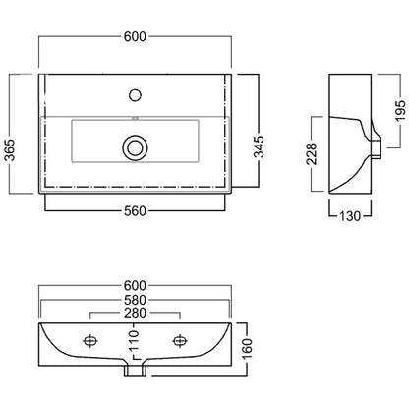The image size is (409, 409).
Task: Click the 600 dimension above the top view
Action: pyautogui.click(x=135, y=36)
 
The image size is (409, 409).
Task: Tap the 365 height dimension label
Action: pyautogui.click(x=11, y=150)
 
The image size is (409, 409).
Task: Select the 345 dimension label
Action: pyautogui.click(x=259, y=146)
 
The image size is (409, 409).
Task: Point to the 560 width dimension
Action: pyautogui.click(x=135, y=211)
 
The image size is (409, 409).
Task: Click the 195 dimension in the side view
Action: pyautogui.click(x=400, y=110)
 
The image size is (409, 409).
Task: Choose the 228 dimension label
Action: pyautogui.click(x=311, y=153)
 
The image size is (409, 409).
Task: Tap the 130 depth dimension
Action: pyautogui.click(x=350, y=216)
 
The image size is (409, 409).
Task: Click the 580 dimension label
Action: pyautogui.click(x=135, y=300)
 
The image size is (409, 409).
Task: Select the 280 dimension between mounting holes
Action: pyautogui.click(x=135, y=313)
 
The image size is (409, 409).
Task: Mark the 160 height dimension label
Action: pyautogui.click(x=247, y=349)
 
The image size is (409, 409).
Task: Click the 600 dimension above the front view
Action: pyautogui.click(x=135, y=286)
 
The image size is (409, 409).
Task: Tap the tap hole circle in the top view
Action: pyautogui.click(x=135, y=95)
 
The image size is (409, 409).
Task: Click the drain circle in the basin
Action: pyautogui.click(x=135, y=147)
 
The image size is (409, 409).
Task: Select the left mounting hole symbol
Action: pyautogui.click(x=89, y=341)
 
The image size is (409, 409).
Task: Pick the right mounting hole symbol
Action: pyautogui.click(x=179, y=341)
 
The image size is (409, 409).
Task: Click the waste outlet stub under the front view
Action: pyautogui.click(x=135, y=371)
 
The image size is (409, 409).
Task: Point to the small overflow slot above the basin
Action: pyautogui.click(x=135, y=118)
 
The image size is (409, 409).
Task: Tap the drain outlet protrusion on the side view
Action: pyautogui.click(x=377, y=149)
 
